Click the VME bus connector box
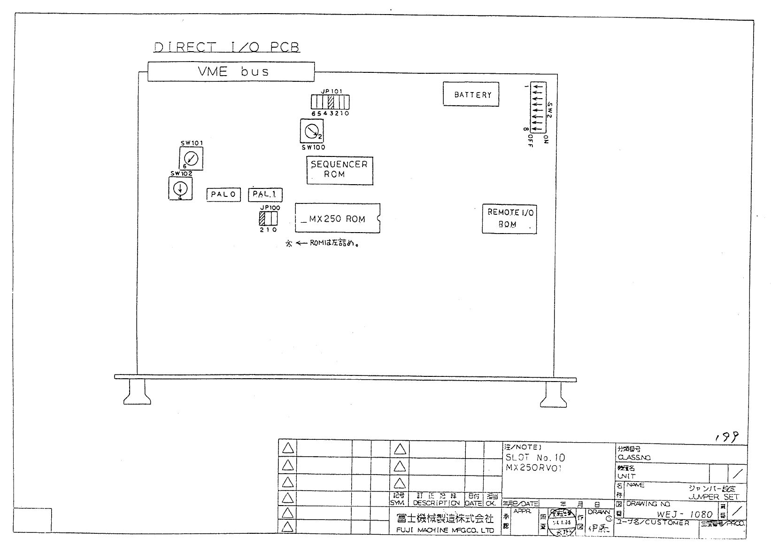(231, 71)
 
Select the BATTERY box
(471, 94)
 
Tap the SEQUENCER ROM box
(339, 170)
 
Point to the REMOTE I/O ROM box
(509, 218)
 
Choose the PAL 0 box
(223, 195)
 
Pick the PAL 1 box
(265, 195)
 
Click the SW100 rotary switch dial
(311, 132)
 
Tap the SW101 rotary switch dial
(191, 158)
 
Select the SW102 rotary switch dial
(180, 188)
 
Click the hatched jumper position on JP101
(331, 102)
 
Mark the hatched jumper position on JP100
(262, 219)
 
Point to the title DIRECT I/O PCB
(227, 47)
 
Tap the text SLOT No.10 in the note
(535, 458)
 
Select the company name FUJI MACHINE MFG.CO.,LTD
(445, 530)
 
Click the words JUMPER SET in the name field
(714, 497)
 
